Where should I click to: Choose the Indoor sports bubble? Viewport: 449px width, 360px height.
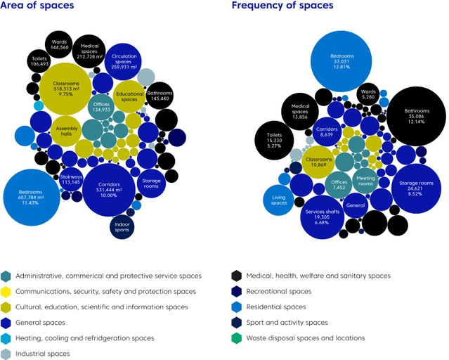point(123,226)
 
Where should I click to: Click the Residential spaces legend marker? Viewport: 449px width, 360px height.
point(237,307)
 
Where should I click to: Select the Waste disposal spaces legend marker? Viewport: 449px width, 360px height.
point(237,338)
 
